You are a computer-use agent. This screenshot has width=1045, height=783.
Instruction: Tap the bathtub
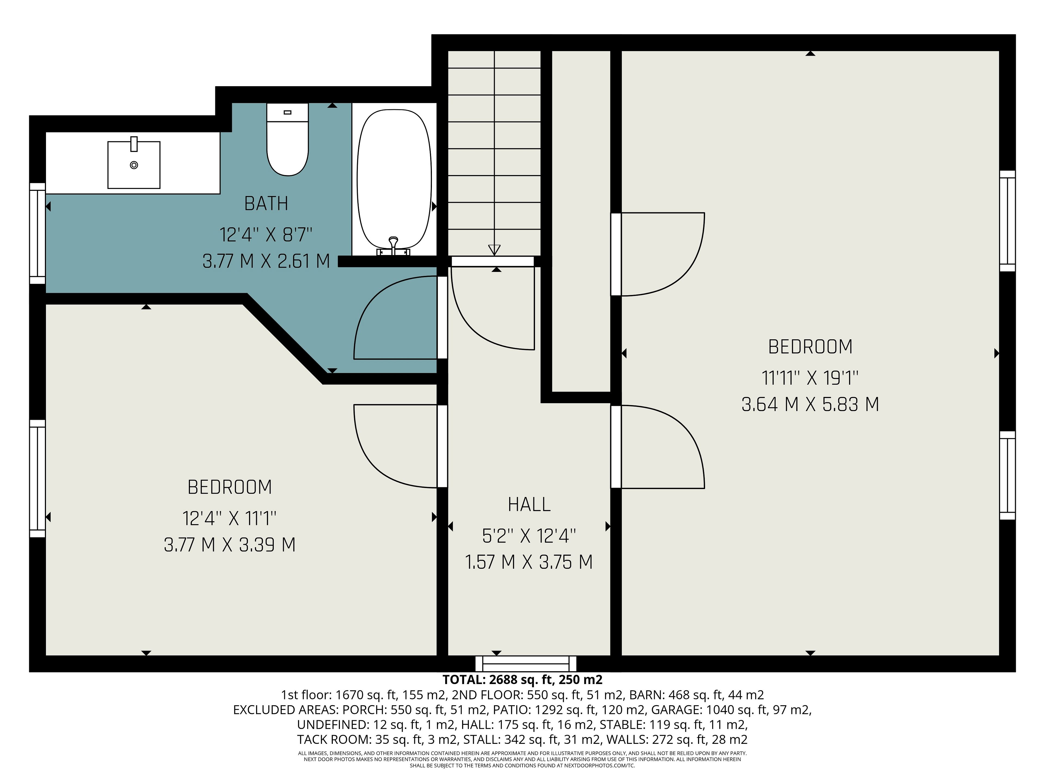(x=394, y=180)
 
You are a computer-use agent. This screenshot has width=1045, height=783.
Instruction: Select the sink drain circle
(x=134, y=165)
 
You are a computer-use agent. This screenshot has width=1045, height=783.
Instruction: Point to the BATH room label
(x=266, y=203)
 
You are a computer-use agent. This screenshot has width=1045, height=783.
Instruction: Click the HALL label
(x=529, y=505)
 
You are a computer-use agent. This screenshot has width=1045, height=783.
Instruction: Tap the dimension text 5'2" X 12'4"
(x=529, y=536)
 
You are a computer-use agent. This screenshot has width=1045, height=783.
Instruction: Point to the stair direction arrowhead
(x=494, y=250)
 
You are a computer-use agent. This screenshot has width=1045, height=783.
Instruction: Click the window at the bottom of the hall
(x=526, y=664)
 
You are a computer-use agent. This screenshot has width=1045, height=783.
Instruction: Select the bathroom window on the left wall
(x=37, y=234)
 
